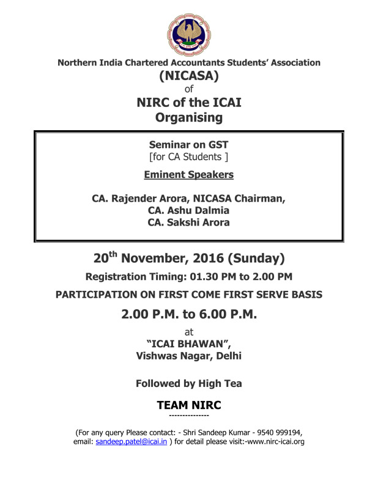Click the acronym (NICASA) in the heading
pyautogui.click(x=188, y=78)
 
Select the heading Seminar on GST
pyautogui.click(x=188, y=145)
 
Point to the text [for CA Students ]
pyautogui.click(x=188, y=158)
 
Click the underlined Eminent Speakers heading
pyautogui.click(x=188, y=175)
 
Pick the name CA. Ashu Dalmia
pyautogui.click(x=188, y=210)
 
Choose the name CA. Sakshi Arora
pyautogui.click(x=188, y=222)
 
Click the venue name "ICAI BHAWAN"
pyautogui.click(x=188, y=344)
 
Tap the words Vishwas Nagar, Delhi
pyautogui.click(x=188, y=356)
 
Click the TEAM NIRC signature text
pyautogui.click(x=188, y=405)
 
